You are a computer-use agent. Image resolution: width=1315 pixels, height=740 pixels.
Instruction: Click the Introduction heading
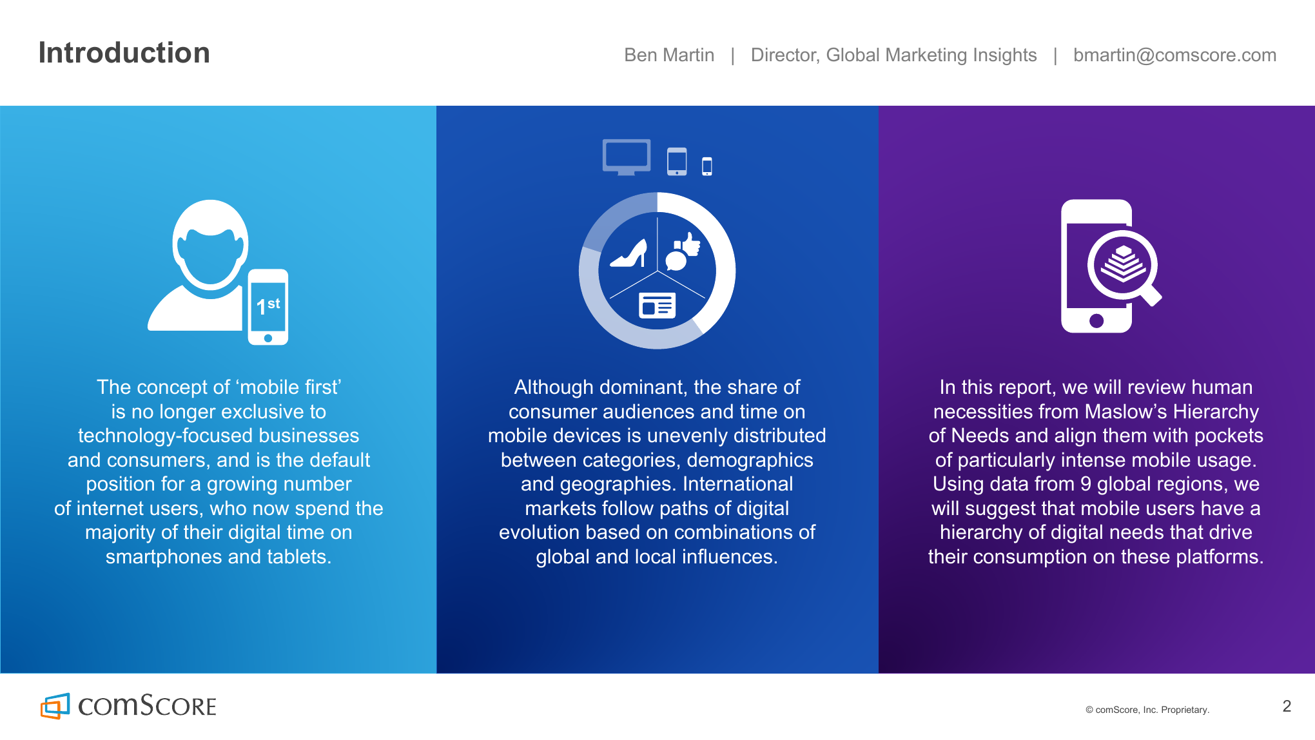(124, 53)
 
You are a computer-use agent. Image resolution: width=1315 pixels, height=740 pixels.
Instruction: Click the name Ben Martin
(669, 55)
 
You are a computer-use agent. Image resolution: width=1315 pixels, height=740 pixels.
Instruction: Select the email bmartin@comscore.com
(1174, 55)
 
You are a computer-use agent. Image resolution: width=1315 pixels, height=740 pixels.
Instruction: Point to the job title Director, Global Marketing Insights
(893, 55)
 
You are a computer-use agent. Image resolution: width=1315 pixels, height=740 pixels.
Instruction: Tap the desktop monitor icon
(627, 157)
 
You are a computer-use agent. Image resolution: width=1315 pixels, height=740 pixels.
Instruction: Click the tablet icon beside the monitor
(677, 161)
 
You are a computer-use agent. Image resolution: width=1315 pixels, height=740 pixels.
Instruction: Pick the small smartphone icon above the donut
(707, 166)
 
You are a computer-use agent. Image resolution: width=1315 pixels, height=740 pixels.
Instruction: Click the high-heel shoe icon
(629, 253)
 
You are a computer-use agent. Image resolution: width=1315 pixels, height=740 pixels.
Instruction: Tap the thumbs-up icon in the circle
(690, 245)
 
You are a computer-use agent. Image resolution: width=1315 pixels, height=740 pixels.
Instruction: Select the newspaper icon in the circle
(657, 306)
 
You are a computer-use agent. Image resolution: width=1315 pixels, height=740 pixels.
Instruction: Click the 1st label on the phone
(268, 306)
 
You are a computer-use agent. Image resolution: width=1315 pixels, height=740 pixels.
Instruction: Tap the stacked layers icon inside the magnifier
(1123, 264)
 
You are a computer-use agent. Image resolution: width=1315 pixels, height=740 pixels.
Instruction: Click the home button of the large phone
(1096, 320)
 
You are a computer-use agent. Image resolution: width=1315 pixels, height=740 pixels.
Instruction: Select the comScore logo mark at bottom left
(55, 706)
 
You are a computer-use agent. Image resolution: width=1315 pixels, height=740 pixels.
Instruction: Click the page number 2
(1287, 706)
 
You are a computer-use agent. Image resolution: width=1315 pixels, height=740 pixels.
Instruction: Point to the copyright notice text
(1147, 710)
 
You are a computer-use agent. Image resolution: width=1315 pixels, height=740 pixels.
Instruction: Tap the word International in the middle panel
(738, 484)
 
